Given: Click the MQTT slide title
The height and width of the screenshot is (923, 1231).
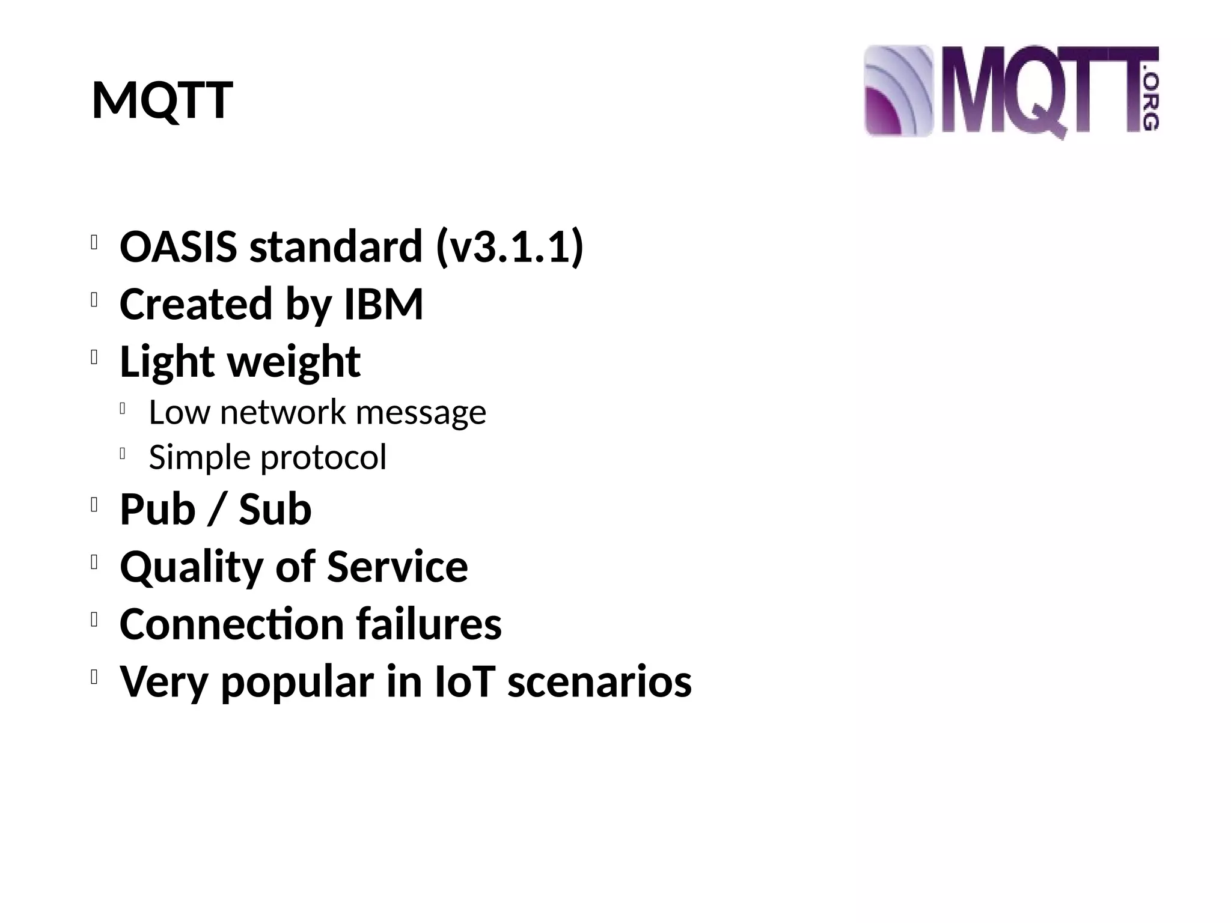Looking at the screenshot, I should click(x=162, y=100).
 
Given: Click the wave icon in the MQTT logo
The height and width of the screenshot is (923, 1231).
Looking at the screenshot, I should click(x=898, y=91).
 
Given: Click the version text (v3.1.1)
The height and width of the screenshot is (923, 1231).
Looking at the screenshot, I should click(x=509, y=246).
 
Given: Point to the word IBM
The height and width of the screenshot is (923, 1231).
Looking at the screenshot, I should click(x=383, y=303).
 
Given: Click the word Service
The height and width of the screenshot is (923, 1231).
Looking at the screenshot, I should click(x=397, y=567).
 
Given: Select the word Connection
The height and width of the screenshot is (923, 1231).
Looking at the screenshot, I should click(x=231, y=624).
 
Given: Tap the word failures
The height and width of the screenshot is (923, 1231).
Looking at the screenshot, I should click(x=429, y=624).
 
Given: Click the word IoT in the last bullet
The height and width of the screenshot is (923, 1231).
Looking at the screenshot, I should click(x=465, y=681).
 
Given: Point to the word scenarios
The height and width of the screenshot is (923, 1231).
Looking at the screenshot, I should click(x=599, y=681).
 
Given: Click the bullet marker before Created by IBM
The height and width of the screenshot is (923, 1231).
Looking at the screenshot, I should click(x=94, y=300).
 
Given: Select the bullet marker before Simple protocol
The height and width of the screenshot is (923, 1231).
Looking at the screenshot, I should click(x=123, y=455).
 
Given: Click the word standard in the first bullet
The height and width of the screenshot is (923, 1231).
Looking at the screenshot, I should click(x=336, y=246).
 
